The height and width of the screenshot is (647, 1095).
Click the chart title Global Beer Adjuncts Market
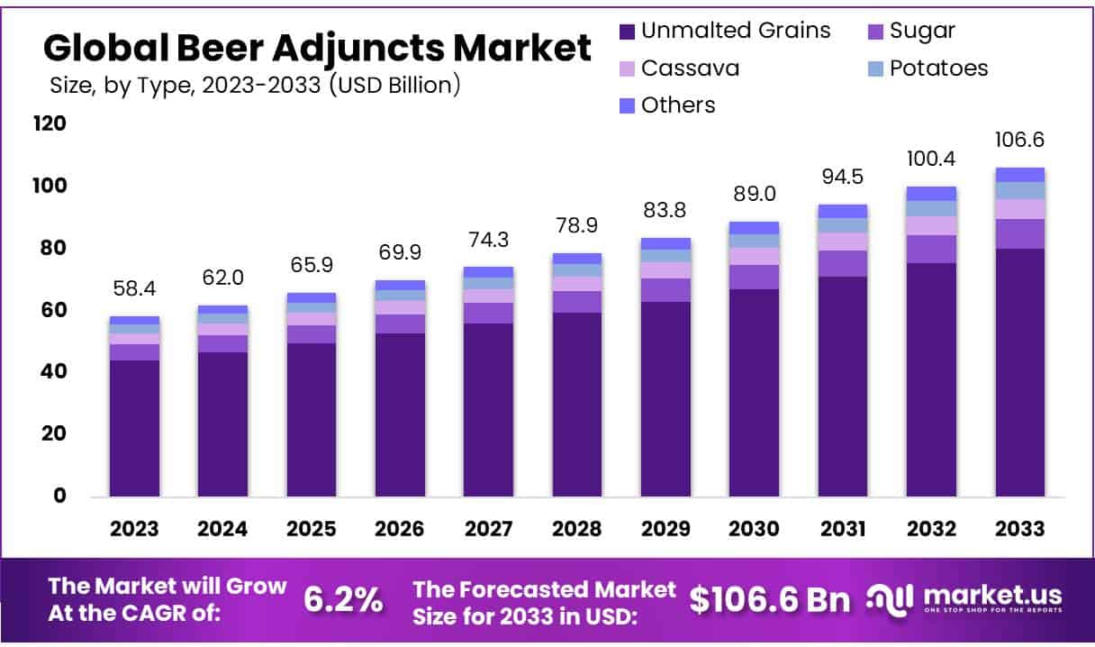317,47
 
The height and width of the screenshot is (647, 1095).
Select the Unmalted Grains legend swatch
628,31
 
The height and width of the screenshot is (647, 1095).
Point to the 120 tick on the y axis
50,123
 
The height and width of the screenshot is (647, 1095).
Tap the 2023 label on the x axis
134,529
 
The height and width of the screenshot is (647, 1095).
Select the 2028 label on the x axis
577,529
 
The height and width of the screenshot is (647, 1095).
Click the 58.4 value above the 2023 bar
134,290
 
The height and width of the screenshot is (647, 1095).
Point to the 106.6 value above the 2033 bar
1019,141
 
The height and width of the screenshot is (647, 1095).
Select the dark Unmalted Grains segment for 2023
134,428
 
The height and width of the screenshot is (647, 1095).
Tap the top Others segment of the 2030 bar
754,227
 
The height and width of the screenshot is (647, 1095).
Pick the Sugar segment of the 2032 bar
931,249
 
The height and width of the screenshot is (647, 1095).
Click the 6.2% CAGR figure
343,599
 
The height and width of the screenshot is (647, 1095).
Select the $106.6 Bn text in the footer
771,599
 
